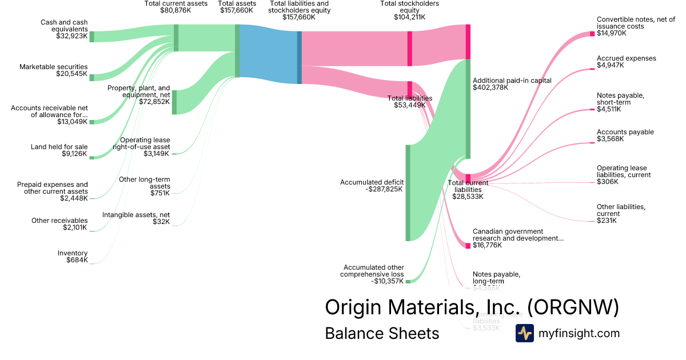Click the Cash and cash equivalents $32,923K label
click(63, 30)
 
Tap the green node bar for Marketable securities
click(91, 77)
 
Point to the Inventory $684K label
click(73, 257)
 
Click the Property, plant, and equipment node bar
click(174, 102)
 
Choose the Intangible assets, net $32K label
click(136, 218)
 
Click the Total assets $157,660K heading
click(236, 7)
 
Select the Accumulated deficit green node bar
click(408, 193)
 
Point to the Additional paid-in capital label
click(504, 84)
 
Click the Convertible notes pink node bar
click(592, 34)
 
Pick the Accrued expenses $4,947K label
click(626, 62)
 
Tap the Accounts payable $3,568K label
click(625, 135)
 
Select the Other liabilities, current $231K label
click(621, 213)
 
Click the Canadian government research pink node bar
click(468, 246)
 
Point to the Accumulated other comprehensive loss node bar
click(408, 281)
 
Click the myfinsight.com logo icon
click(524, 333)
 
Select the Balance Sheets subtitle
click(382, 333)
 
